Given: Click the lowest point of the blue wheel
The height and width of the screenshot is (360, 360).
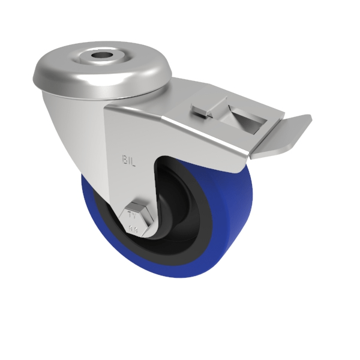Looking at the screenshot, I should click(x=180, y=277).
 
